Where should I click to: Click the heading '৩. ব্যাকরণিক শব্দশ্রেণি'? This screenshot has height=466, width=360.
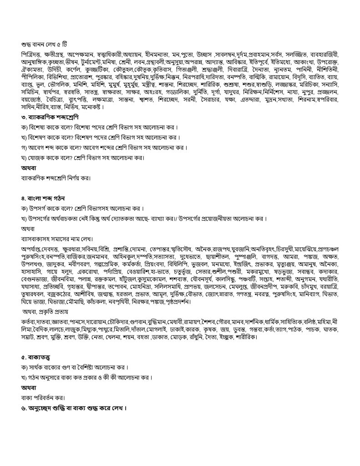[x=50, y=129]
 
